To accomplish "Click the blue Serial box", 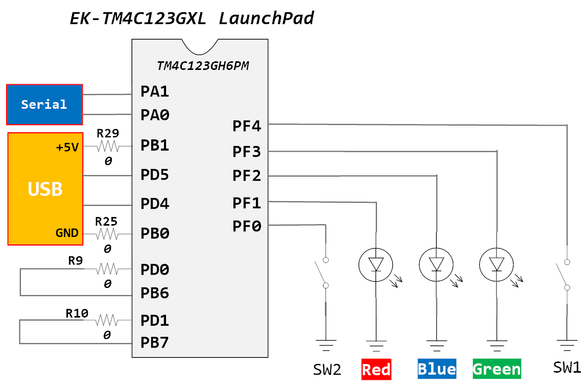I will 44,105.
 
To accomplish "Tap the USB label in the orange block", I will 45,189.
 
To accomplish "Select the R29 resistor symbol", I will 107,147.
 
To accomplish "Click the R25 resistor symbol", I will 107,235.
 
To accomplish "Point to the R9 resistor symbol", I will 107,269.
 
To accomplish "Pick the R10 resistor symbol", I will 107,321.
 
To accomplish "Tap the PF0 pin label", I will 247,226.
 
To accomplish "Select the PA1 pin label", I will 155,92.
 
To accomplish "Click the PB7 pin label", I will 155,342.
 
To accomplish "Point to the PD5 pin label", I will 155,175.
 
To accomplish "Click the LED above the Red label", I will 376,264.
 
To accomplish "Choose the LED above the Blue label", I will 436,264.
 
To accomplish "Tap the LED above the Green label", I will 497,264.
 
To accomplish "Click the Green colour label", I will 497,369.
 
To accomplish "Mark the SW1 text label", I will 567,367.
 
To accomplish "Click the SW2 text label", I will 327,369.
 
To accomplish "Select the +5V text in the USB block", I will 67,148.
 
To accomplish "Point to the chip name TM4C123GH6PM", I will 203,66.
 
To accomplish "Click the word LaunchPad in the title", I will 266,19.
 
